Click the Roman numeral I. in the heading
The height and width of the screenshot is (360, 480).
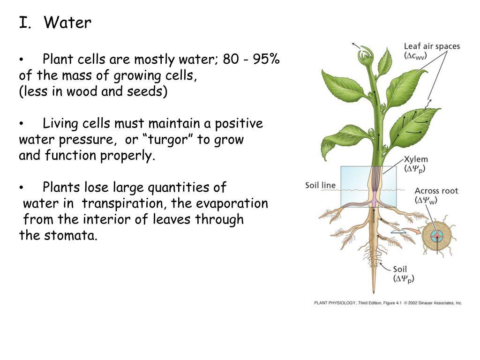(24, 23)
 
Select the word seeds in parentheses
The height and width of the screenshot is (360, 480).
(145, 91)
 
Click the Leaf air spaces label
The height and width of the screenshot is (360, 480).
(432, 46)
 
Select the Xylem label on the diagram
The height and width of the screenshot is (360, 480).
(416, 160)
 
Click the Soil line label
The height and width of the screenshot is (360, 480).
(320, 185)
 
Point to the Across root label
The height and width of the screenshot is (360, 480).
(436, 191)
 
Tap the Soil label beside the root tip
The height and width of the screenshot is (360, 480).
(400, 269)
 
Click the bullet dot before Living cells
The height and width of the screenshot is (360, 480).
(22, 124)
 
